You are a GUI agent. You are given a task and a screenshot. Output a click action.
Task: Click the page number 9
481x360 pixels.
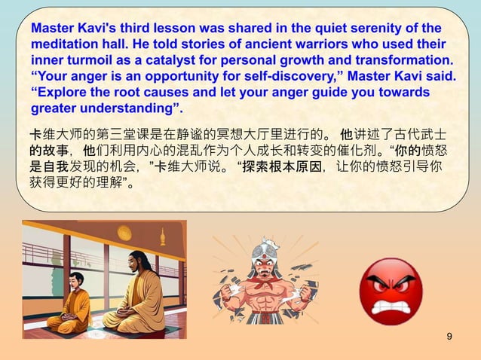coord(450,335)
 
